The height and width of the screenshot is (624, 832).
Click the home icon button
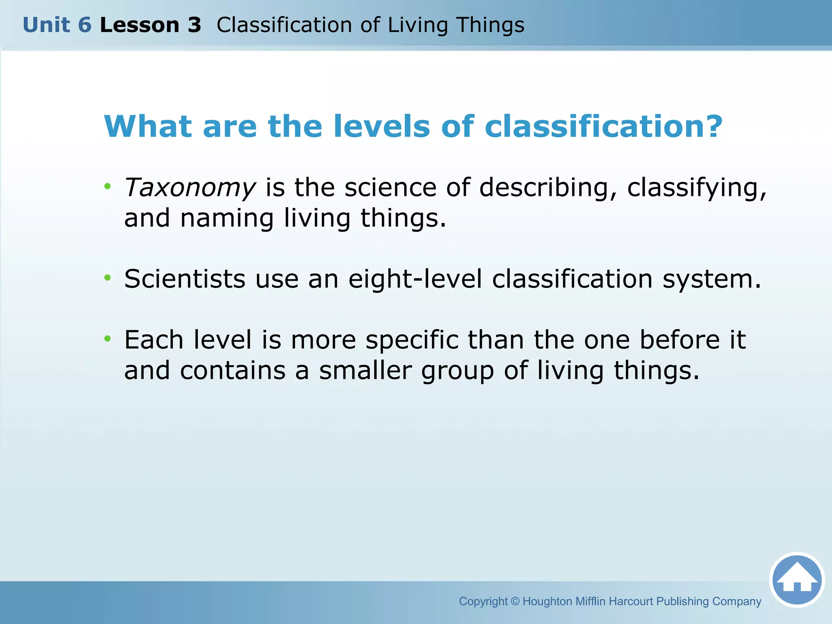tap(797, 580)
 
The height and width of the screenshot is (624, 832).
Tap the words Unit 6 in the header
tap(57, 25)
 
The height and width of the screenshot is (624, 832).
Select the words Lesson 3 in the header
tap(150, 25)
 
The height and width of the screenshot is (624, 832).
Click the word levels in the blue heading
tap(381, 126)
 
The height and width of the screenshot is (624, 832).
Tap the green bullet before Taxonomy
tap(107, 186)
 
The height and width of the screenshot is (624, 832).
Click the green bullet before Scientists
tap(107, 278)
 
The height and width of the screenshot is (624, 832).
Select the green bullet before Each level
tap(107, 338)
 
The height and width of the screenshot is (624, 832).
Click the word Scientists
tap(185, 279)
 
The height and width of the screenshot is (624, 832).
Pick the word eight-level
tap(415, 280)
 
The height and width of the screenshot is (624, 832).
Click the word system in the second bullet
tap(711, 280)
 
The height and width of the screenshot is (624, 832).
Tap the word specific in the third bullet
tap(412, 340)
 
